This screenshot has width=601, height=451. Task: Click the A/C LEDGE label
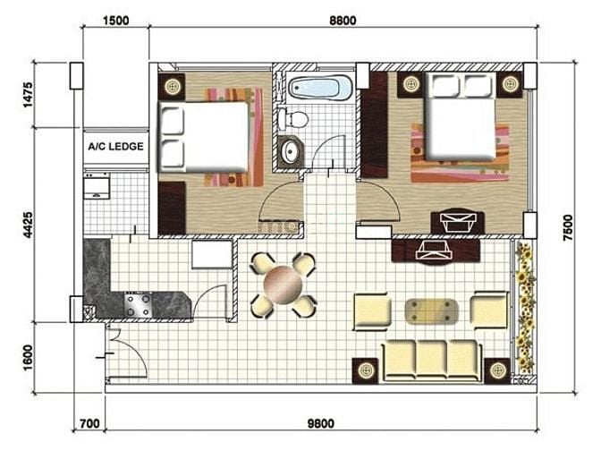115,147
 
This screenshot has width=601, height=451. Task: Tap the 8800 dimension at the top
343,21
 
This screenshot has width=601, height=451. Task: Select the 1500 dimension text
115,21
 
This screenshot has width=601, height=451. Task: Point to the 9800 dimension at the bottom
321,423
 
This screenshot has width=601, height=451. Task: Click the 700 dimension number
89,423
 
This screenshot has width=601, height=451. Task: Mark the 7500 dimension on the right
568,228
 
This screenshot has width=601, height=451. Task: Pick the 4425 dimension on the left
28,225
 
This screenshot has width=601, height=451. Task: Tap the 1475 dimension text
28,95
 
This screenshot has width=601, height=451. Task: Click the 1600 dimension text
28,357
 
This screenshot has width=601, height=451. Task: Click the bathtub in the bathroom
319,88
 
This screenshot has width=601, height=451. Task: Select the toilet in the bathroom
293,118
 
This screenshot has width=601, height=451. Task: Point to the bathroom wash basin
291,152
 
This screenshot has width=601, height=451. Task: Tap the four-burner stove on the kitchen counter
138,304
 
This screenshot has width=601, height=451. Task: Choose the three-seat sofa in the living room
432,361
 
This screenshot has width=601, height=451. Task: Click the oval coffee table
431,311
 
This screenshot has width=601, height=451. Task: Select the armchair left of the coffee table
372,311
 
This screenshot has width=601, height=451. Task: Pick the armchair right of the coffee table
489,310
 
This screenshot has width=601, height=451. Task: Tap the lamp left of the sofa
365,370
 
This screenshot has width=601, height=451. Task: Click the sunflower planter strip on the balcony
524,309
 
